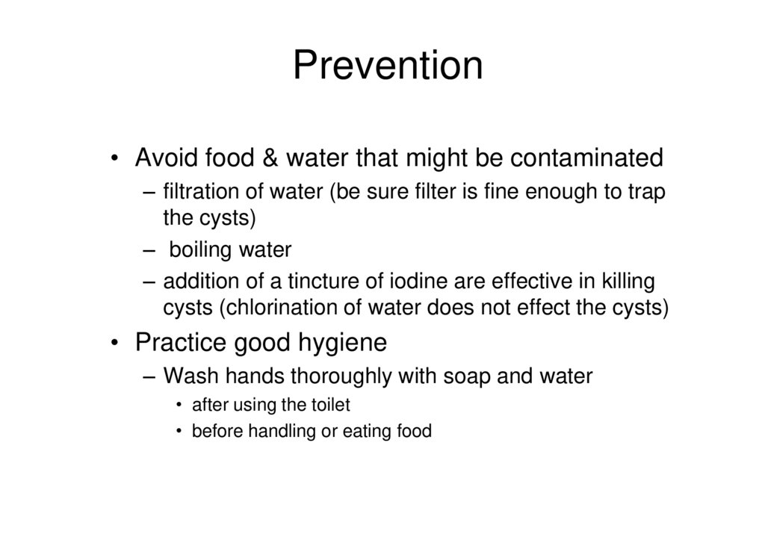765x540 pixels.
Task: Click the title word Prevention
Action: click(388, 65)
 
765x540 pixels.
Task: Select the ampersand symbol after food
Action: click(270, 158)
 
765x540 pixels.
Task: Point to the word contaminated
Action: click(586, 158)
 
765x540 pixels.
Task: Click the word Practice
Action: click(181, 342)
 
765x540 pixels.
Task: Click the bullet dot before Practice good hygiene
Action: click(114, 342)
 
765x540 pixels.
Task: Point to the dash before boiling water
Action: click(149, 251)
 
